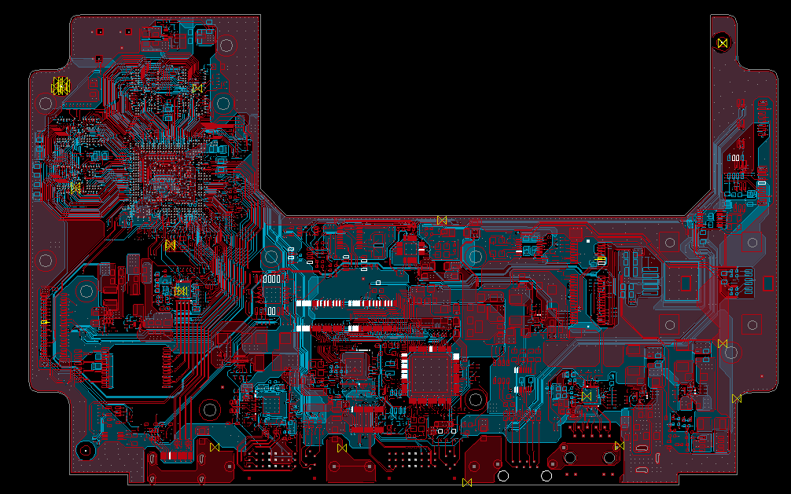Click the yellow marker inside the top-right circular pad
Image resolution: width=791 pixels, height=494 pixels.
723,42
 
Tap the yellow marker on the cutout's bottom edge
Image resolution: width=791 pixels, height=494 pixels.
442,220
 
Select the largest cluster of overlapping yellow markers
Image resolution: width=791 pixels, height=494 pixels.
61,86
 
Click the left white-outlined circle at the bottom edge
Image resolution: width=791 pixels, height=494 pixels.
503,476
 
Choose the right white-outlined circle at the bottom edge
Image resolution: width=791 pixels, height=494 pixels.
546,476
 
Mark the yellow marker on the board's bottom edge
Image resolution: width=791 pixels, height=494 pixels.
467,482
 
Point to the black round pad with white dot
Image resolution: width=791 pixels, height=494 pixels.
85,450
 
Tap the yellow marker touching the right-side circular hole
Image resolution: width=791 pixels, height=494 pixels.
723,343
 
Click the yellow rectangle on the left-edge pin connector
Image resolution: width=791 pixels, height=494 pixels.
45,322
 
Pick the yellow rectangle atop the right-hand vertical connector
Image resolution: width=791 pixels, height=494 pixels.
601,259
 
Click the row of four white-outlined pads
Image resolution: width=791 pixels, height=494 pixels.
271,279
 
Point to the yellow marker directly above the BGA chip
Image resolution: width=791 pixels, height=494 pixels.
197,88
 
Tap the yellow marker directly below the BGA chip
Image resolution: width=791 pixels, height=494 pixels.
170,245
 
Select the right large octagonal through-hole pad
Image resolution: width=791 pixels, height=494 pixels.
609,457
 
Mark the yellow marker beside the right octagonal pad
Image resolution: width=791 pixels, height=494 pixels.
620,446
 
